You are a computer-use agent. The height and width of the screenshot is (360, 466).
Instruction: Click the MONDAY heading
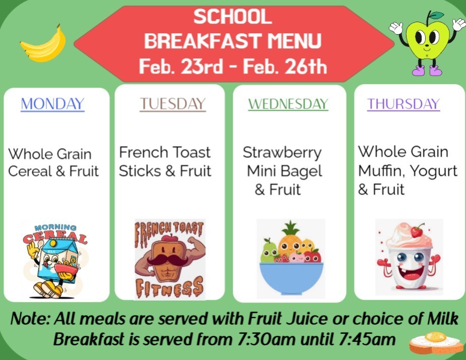[x=52, y=104]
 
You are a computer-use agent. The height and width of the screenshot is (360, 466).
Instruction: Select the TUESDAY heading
[x=173, y=104]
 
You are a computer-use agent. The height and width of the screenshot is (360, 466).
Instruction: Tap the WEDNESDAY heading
[x=288, y=104]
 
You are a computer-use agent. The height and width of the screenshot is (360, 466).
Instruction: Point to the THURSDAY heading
[x=404, y=104]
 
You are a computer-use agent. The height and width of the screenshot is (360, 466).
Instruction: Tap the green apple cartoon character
[x=428, y=43]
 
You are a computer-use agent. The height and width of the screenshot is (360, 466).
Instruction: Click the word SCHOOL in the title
[x=233, y=17]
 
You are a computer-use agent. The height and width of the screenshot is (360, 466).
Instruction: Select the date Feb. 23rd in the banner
[x=181, y=66]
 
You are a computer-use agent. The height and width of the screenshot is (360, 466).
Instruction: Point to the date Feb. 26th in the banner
[x=285, y=66]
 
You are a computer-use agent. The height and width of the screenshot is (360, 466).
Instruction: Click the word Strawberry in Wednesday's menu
[x=282, y=152]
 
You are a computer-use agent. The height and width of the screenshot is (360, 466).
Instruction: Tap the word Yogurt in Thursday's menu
[x=433, y=171]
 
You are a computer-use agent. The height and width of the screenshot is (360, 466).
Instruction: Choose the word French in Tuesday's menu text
[x=143, y=152]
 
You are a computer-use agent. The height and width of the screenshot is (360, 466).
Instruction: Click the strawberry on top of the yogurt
[x=417, y=231]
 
